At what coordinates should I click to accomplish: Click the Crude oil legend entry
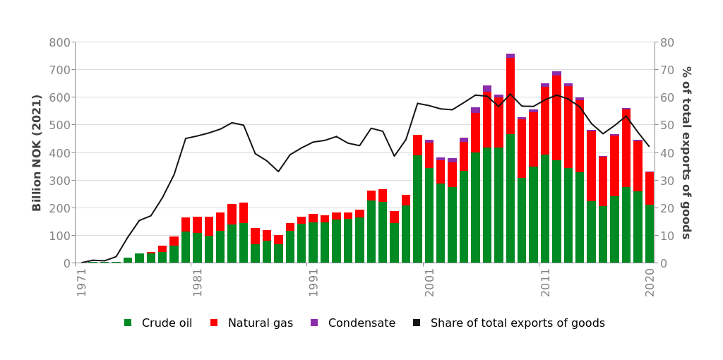(157, 323)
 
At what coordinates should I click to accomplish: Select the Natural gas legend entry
(251, 323)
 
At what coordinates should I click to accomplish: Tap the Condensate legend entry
(352, 323)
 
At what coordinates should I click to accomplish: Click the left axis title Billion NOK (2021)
(37, 152)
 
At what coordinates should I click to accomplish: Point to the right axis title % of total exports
(686, 152)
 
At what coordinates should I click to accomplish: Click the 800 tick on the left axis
(59, 42)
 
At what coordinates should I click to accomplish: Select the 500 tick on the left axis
(59, 125)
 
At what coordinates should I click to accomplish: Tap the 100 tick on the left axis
(59, 236)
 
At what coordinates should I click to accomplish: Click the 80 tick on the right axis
(667, 42)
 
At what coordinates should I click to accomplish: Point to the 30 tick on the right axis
(667, 181)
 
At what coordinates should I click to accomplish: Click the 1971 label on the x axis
(82, 282)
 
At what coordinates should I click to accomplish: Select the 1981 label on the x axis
(198, 282)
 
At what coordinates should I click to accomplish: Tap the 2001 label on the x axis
(429, 282)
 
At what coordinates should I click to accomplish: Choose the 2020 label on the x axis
(650, 282)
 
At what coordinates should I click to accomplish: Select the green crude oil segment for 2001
(429, 215)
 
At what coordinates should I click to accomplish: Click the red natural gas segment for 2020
(650, 188)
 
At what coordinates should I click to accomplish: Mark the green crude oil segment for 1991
(313, 243)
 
